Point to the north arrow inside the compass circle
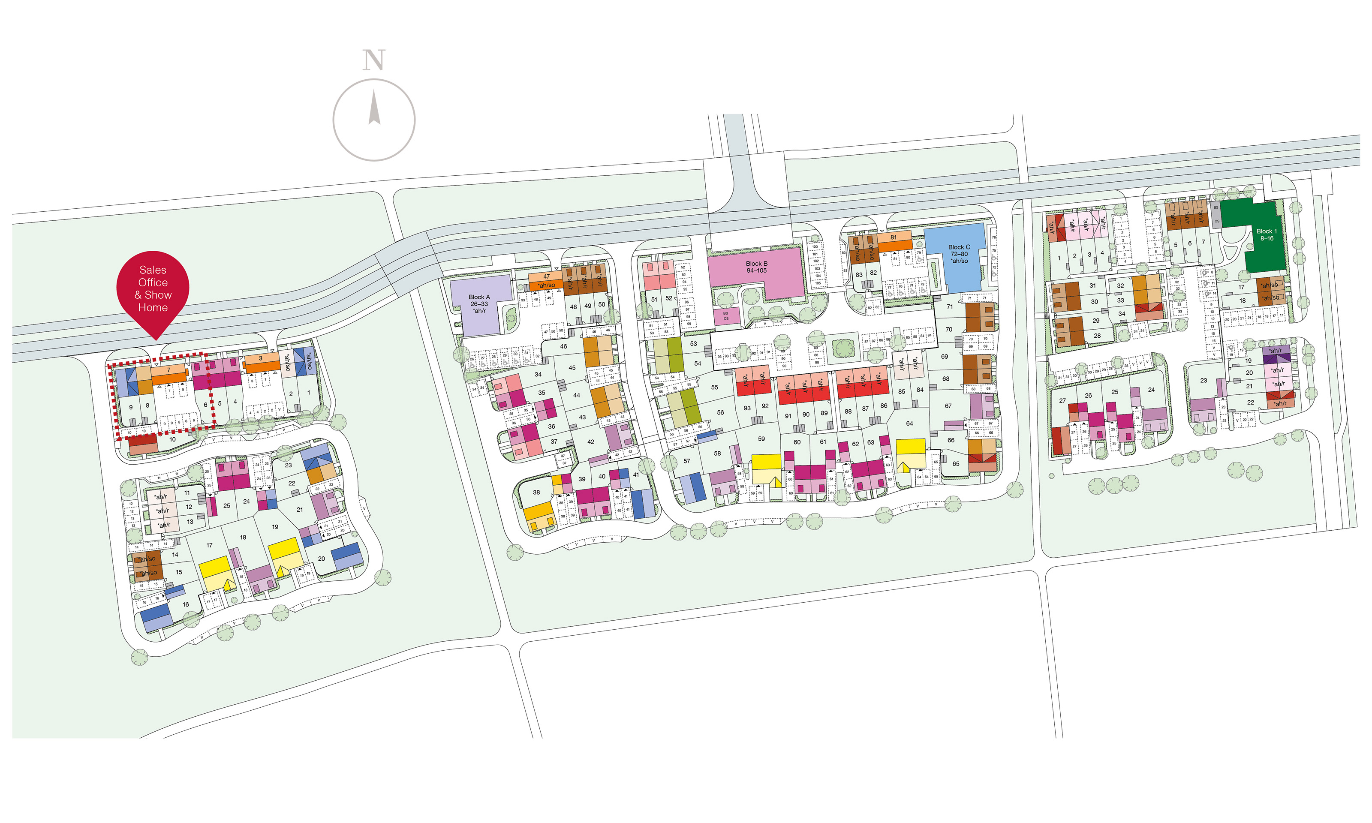coord(374,108)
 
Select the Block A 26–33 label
coord(479,304)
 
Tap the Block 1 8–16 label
coord(1267,234)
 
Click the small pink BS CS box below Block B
coord(726,316)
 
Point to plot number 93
coord(747,408)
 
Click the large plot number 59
coord(761,439)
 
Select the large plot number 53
coord(693,344)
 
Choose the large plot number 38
coord(536,492)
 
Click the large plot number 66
coord(951,440)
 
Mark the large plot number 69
coord(945,357)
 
